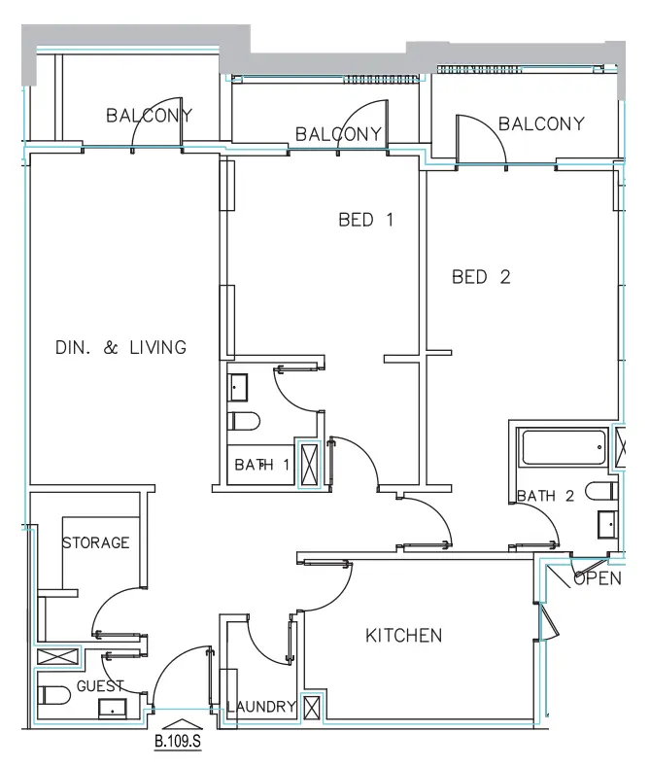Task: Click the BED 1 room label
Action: (365, 220)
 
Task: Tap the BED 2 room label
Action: (481, 277)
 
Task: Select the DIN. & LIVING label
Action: (120, 347)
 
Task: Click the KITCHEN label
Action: (403, 636)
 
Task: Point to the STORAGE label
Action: (96, 542)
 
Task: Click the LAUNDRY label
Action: (261, 707)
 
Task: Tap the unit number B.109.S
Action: (178, 741)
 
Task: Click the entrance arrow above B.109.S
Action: (182, 724)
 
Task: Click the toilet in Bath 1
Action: (244, 421)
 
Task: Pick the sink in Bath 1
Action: (237, 388)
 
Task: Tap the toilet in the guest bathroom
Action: (54, 695)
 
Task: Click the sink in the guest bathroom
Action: (113, 709)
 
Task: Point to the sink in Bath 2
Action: (608, 525)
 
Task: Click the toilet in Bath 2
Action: (601, 491)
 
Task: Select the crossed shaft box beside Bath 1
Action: (309, 465)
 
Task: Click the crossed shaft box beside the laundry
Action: (312, 708)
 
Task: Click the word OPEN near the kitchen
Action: (598, 578)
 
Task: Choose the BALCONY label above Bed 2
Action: (541, 123)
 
